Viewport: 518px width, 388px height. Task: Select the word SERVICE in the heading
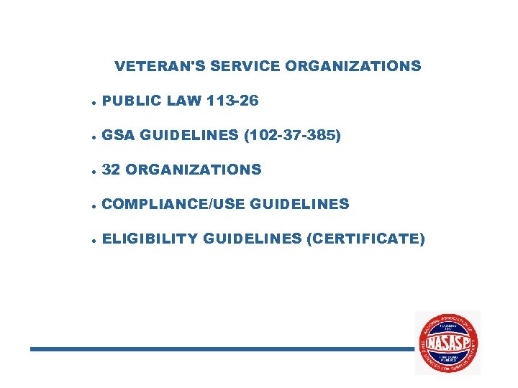245,66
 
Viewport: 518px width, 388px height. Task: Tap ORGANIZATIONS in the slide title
353,66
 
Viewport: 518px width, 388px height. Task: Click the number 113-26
232,101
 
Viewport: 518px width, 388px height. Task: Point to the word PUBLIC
132,101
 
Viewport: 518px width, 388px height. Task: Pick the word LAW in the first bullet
184,101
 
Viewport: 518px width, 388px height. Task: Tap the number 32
111,170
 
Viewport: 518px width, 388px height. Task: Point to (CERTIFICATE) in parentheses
365,239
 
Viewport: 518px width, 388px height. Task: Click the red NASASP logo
447,343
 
